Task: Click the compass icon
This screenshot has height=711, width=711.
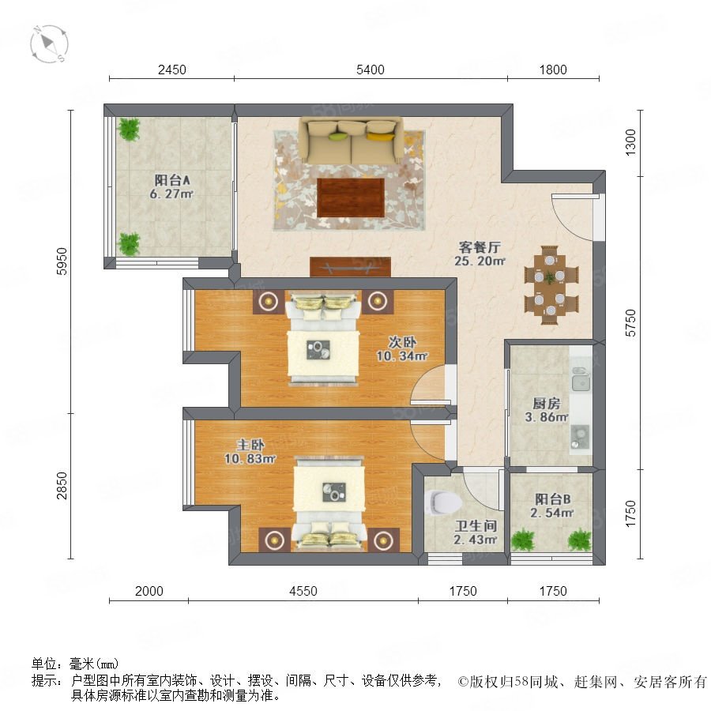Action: click(49, 44)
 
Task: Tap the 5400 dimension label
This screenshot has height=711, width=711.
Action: click(370, 70)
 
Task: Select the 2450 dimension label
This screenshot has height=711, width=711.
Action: click(172, 70)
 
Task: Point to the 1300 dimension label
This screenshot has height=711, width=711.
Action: click(630, 142)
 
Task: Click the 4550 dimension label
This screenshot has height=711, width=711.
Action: click(303, 591)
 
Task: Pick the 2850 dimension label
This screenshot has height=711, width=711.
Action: click(62, 486)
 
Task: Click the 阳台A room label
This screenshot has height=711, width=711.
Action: click(172, 180)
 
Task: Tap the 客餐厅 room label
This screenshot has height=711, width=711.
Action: click(480, 247)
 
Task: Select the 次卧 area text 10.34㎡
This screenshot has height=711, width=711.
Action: click(402, 356)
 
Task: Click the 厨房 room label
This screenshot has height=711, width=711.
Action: click(546, 403)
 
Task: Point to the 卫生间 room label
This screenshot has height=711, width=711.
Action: click(476, 526)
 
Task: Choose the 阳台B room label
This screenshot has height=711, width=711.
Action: click(552, 499)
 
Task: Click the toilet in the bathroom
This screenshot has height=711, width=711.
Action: click(443, 502)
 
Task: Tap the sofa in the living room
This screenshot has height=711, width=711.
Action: click(350, 141)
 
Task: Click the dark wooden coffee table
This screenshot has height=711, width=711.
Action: click(351, 197)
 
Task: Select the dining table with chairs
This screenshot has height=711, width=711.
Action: click(551, 285)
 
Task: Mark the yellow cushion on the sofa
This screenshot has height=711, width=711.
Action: click(380, 136)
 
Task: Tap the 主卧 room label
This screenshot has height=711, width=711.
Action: click(250, 445)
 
